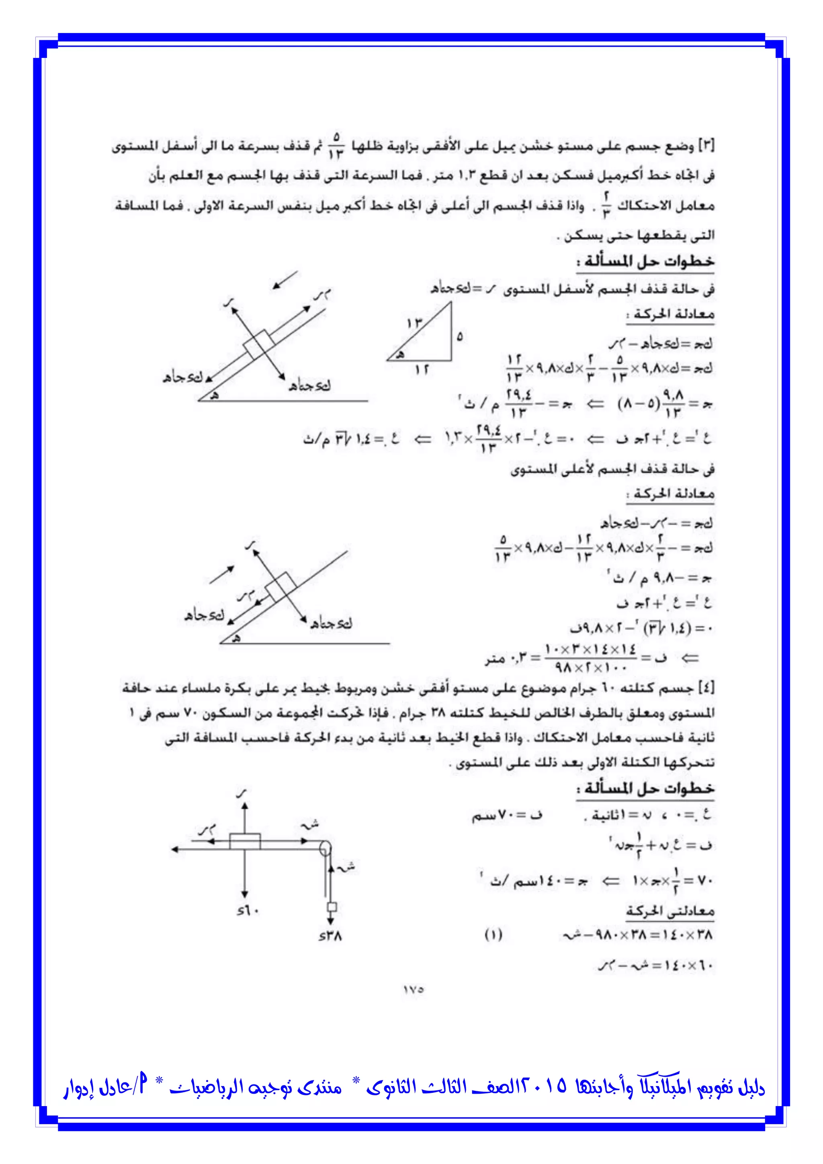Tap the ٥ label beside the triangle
[459, 336]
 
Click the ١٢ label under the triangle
[422, 370]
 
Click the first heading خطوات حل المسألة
[645, 262]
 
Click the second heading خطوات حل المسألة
[645, 788]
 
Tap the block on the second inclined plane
[280, 586]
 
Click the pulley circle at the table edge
[325, 847]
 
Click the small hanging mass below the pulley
[332, 907]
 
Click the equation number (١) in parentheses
[493, 934]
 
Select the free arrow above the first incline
[285, 280]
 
